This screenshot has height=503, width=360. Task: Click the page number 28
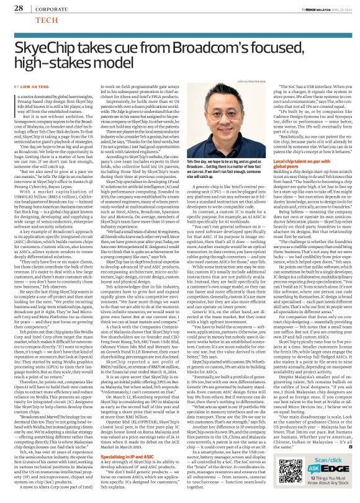tap(19, 8)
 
